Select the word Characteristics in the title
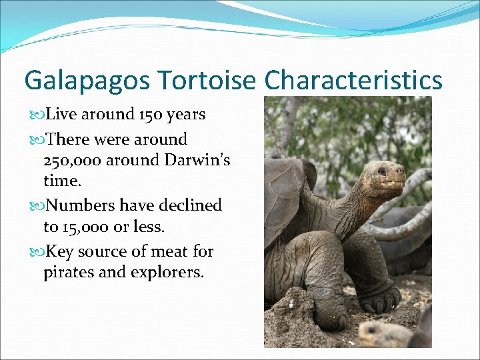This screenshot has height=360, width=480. click(x=353, y=81)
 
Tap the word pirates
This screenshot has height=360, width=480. click(x=69, y=273)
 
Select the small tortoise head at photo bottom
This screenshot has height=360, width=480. click(x=377, y=333)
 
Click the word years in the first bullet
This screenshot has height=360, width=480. click(x=186, y=115)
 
